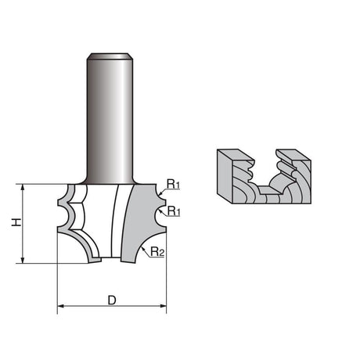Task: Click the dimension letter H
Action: (x=16, y=222)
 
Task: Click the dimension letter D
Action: (x=112, y=301)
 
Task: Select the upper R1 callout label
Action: (x=173, y=185)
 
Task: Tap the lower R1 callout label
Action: (x=174, y=211)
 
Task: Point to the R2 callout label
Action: (x=157, y=252)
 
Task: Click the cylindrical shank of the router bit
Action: (x=110, y=120)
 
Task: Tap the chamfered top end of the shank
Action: (x=110, y=56)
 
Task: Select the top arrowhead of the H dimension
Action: (x=23, y=188)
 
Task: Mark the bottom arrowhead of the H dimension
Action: (x=23, y=260)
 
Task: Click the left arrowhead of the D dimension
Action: (x=60, y=306)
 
